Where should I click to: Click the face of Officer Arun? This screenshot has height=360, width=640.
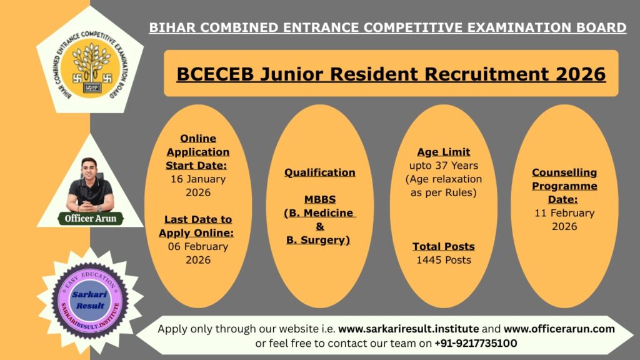[x=90, y=170]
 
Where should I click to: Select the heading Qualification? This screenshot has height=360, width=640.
[x=320, y=172]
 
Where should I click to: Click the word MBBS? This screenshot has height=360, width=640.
[x=320, y=199]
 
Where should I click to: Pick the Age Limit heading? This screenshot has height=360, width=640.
[x=444, y=152]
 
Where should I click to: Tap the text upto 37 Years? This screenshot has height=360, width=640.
[x=444, y=166]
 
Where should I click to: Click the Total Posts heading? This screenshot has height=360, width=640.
[x=444, y=246]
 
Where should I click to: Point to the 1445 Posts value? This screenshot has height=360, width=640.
[x=444, y=259]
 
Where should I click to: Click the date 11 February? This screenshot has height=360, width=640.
[x=564, y=213]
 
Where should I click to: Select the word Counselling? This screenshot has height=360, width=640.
[x=564, y=172]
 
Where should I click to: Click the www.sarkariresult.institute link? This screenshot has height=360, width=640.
[x=409, y=329]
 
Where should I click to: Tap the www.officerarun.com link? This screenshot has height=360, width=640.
[x=559, y=329]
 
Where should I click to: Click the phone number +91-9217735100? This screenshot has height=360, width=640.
[x=476, y=343]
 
